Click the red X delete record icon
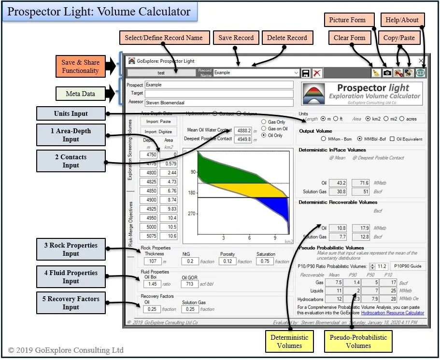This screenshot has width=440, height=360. point(317,73)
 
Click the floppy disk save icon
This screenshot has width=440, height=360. point(305,73)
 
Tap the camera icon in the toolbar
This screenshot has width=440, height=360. point(387,73)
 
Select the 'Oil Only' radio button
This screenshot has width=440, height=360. point(264,135)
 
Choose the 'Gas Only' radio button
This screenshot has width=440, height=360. point(264,122)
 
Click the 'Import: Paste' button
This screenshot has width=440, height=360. point(158,122)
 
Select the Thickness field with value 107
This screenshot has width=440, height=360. point(153,261)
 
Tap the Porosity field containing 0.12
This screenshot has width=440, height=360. point(227,261)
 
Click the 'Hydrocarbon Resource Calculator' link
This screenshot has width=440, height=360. point(392,313)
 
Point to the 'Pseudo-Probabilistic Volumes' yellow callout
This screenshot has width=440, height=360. point(358,341)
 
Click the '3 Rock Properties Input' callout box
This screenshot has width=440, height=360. point(71,249)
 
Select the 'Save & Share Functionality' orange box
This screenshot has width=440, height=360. point(80,67)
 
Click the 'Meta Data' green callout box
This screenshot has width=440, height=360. point(80,94)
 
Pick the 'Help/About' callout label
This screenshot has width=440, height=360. point(403,20)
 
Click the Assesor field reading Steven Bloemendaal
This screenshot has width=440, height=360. point(219,102)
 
